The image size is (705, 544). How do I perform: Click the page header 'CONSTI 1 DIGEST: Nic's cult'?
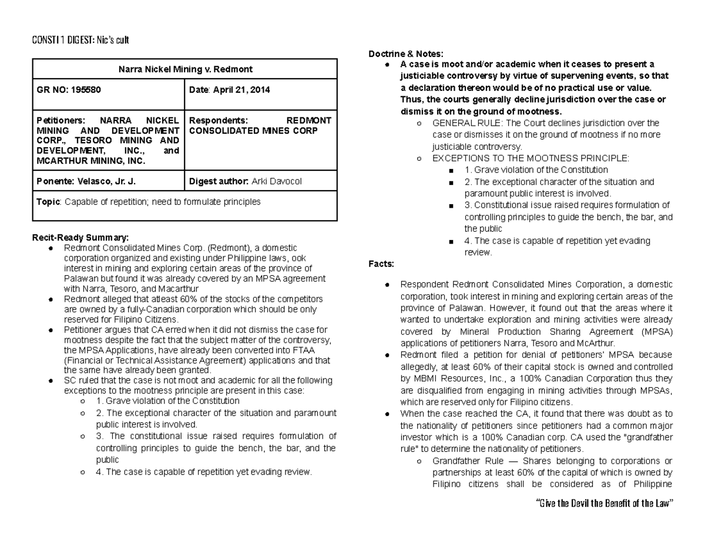[80, 40]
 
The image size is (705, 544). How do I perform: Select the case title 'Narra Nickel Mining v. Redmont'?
[184, 69]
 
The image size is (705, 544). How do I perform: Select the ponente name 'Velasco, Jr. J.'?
[109, 181]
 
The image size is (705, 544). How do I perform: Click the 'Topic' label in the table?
[48, 202]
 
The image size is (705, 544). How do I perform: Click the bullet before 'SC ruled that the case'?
[52, 381]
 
